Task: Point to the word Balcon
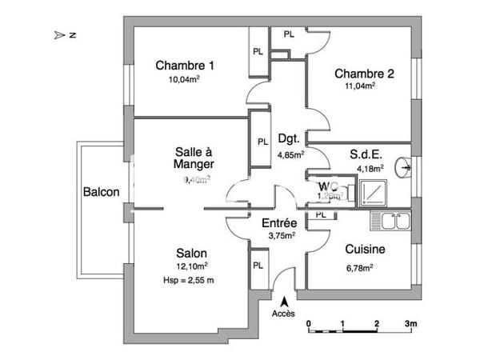(101, 192)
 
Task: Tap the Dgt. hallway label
(287, 137)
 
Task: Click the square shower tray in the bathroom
(373, 191)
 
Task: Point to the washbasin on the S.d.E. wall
(409, 167)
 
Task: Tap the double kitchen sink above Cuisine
(391, 220)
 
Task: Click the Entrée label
(280, 222)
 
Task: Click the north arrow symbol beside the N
(58, 35)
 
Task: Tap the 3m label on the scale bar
(411, 324)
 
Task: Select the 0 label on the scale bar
(309, 324)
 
